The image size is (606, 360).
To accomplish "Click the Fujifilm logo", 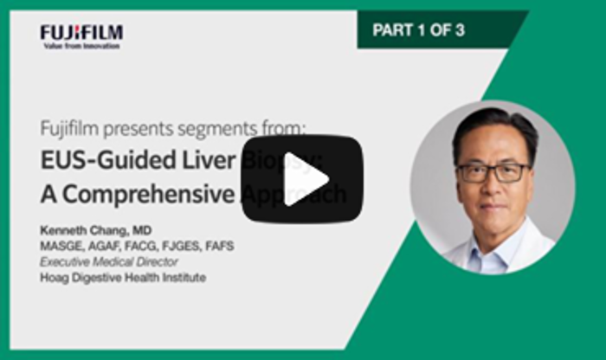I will click(81, 32).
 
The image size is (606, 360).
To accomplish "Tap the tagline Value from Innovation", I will click(81, 45).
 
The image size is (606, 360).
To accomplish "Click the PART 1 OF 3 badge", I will click(419, 30).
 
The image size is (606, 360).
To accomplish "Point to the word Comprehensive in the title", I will click(149, 195).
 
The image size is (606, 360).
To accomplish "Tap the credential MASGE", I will click(61, 247).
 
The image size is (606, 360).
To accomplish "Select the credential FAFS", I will click(218, 247).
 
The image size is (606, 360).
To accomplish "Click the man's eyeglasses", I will click(493, 171).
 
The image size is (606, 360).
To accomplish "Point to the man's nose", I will click(493, 188).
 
